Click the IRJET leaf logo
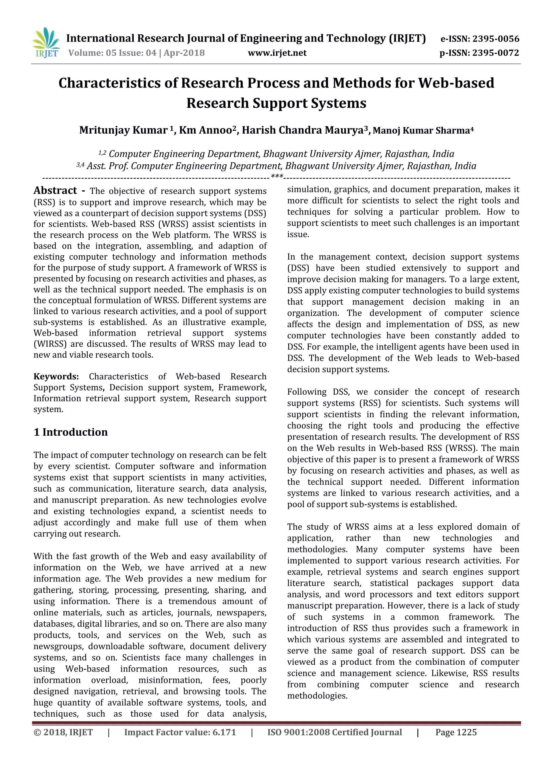click(x=46, y=43)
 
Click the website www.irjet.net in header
click(x=277, y=53)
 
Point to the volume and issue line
click(x=136, y=53)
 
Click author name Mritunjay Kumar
click(x=123, y=130)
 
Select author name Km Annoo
click(x=205, y=130)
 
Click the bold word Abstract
click(x=55, y=191)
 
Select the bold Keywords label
click(x=56, y=376)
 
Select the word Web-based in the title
click(x=456, y=83)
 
